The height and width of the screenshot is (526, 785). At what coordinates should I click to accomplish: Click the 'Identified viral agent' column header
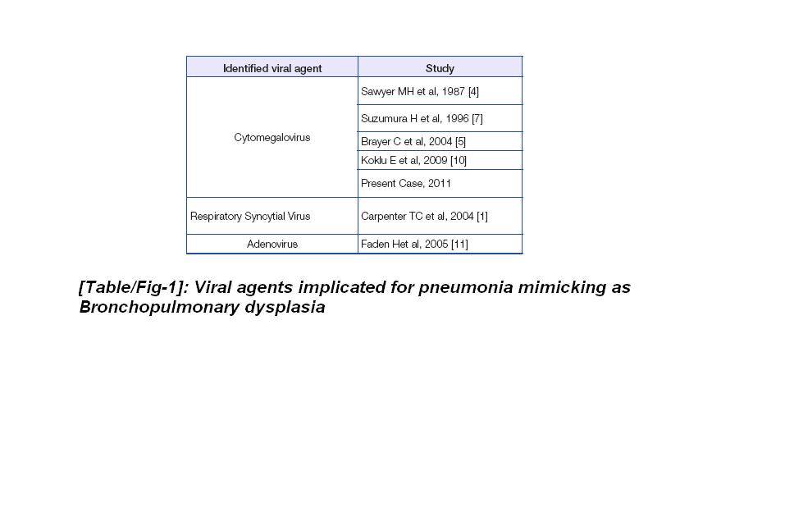click(x=272, y=68)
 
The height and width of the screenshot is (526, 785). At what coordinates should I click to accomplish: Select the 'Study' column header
click(x=440, y=68)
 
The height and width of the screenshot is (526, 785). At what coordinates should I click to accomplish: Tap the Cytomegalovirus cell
click(x=272, y=138)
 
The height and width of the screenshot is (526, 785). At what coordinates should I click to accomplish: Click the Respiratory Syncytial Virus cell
click(x=250, y=217)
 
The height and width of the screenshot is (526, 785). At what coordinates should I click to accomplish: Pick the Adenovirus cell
click(x=272, y=245)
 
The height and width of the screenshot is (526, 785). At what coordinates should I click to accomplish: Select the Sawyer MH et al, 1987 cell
click(x=419, y=91)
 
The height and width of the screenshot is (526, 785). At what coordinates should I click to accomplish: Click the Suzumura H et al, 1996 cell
click(x=422, y=118)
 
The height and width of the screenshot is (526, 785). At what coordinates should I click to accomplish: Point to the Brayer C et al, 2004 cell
click(x=413, y=142)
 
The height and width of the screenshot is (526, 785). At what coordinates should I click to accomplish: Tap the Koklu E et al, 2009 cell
click(x=413, y=160)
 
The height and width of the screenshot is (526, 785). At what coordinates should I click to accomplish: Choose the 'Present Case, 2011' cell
click(x=405, y=184)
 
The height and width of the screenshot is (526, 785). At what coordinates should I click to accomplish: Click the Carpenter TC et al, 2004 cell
click(x=424, y=217)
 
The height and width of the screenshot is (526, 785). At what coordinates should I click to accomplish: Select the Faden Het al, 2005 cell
click(x=414, y=245)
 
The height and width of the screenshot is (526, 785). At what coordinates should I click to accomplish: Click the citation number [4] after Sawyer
click(x=473, y=91)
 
